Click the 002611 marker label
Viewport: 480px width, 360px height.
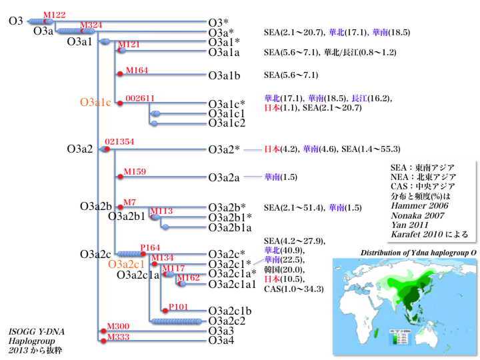pos(141,98)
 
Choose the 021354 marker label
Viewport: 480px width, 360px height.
pos(120,142)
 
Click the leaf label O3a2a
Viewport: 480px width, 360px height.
pos(224,177)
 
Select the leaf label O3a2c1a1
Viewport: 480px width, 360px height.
pos(231,285)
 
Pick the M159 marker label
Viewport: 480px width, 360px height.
pos(135,171)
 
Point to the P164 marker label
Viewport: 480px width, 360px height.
pos(150,248)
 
